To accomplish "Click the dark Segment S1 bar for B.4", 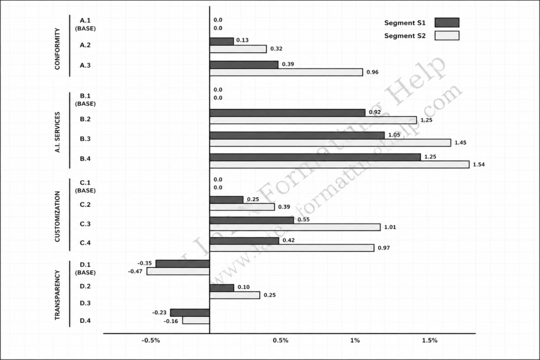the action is tap(315, 157).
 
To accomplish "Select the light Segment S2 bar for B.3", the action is tap(330, 142).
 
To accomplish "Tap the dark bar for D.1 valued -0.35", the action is tap(182, 264).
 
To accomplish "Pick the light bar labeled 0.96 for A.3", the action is tap(286, 72).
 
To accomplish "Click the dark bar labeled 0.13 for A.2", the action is tap(222, 41).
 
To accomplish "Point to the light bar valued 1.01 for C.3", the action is tap(295, 227).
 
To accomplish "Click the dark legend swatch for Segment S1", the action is tap(447, 23).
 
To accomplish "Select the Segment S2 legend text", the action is tap(405, 36).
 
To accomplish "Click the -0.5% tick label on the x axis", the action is tap(151, 340).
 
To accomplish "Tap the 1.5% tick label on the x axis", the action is tap(430, 340).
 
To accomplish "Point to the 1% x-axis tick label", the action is tap(355, 340).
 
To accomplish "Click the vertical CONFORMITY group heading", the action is tap(57, 49).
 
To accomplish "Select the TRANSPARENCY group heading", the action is tap(57, 295).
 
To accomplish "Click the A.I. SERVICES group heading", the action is tap(57, 132).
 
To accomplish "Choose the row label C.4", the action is tap(85, 242).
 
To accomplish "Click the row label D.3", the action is tap(85, 303).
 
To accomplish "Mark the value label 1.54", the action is tap(479, 164).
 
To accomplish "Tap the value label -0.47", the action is tap(135, 271).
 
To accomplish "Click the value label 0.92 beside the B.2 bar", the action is tap(375, 112).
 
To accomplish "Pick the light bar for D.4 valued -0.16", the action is tap(196, 320).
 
